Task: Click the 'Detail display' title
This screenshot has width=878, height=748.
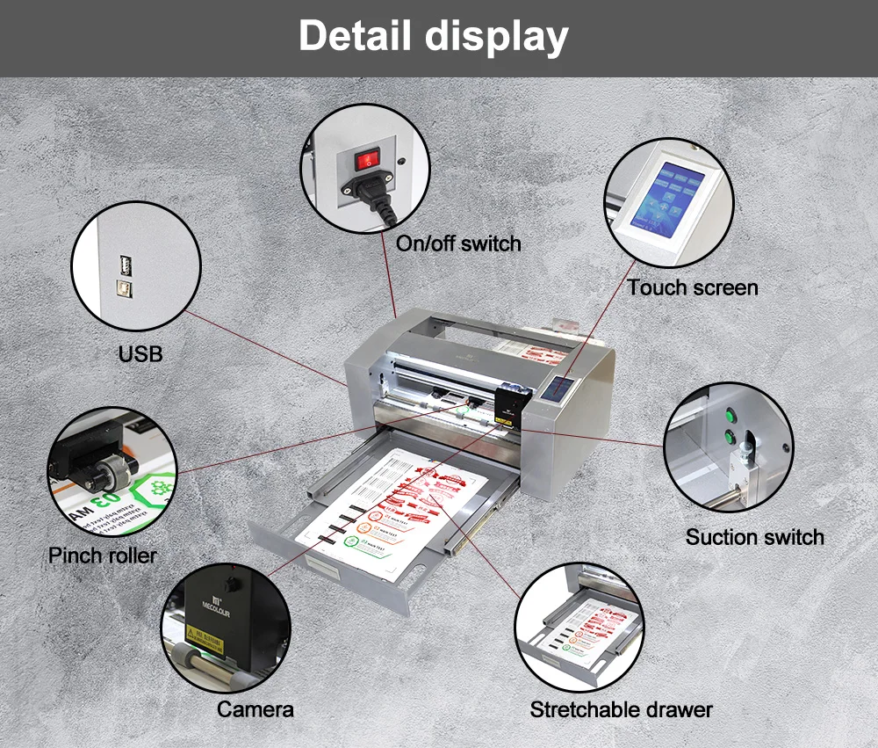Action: tap(433, 37)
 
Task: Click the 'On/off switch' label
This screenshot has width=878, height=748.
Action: tap(457, 243)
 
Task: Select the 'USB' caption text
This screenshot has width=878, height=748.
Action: tap(140, 354)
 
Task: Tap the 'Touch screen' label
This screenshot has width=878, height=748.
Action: tap(692, 287)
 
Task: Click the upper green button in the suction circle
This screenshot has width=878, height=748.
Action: tap(728, 412)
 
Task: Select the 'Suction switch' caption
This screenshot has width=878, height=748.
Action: tap(754, 537)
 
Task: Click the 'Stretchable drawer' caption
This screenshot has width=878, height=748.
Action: tap(622, 709)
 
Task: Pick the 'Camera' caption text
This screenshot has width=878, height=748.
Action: tap(255, 709)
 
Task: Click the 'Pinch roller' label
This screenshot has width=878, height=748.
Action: tap(103, 556)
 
